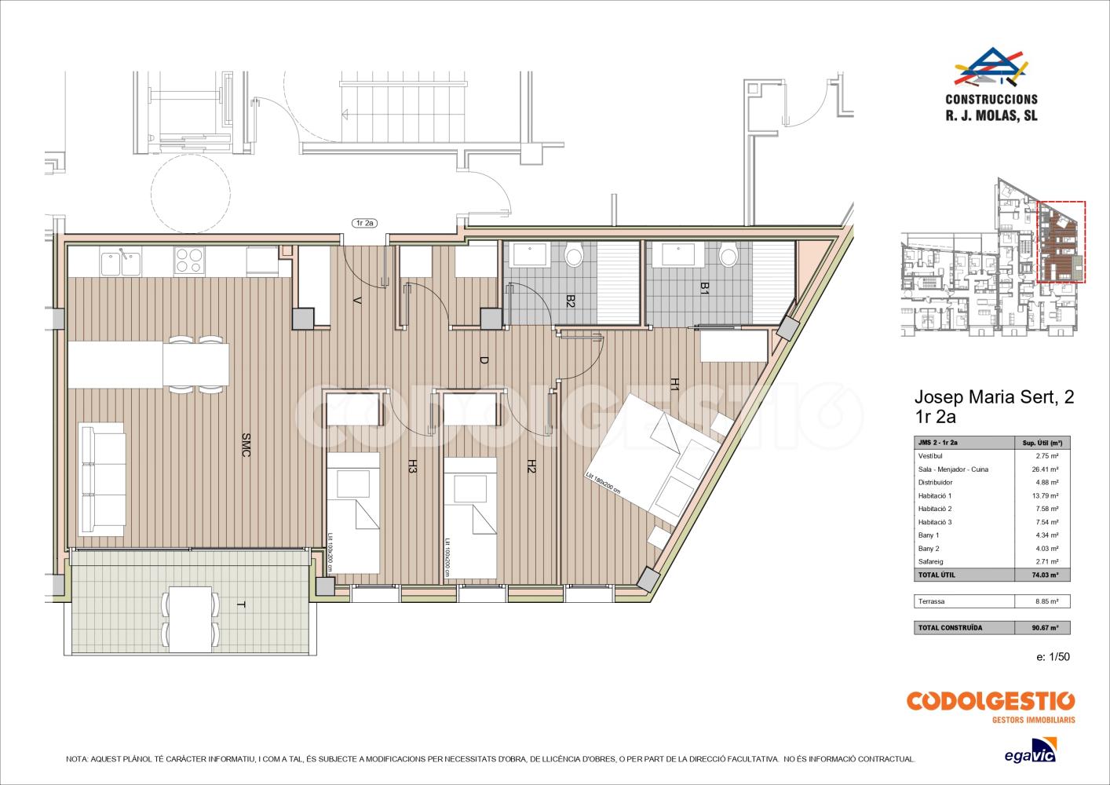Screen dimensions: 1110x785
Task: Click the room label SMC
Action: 246,445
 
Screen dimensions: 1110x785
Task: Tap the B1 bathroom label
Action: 704,288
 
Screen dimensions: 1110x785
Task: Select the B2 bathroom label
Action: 570,301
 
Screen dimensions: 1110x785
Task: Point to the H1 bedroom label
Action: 674,384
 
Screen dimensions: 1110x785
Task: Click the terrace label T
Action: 241,604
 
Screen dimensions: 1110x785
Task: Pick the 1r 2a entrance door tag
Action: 364,223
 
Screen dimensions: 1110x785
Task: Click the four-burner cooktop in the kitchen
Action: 189,260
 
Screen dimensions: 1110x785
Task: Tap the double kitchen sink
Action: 122,262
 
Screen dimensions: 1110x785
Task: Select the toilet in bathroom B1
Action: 728,255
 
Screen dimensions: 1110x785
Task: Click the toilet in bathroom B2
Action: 573,255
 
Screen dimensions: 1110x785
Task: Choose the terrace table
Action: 191,619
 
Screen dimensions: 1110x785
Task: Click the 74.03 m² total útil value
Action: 1045,575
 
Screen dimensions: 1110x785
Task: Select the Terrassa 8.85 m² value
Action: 1046,601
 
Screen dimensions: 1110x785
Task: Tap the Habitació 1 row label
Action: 935,495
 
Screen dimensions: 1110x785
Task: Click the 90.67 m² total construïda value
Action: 1045,627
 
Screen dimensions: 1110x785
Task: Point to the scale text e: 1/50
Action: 1053,656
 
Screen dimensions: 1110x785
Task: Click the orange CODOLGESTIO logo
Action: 991,706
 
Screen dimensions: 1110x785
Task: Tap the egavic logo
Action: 1031,750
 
